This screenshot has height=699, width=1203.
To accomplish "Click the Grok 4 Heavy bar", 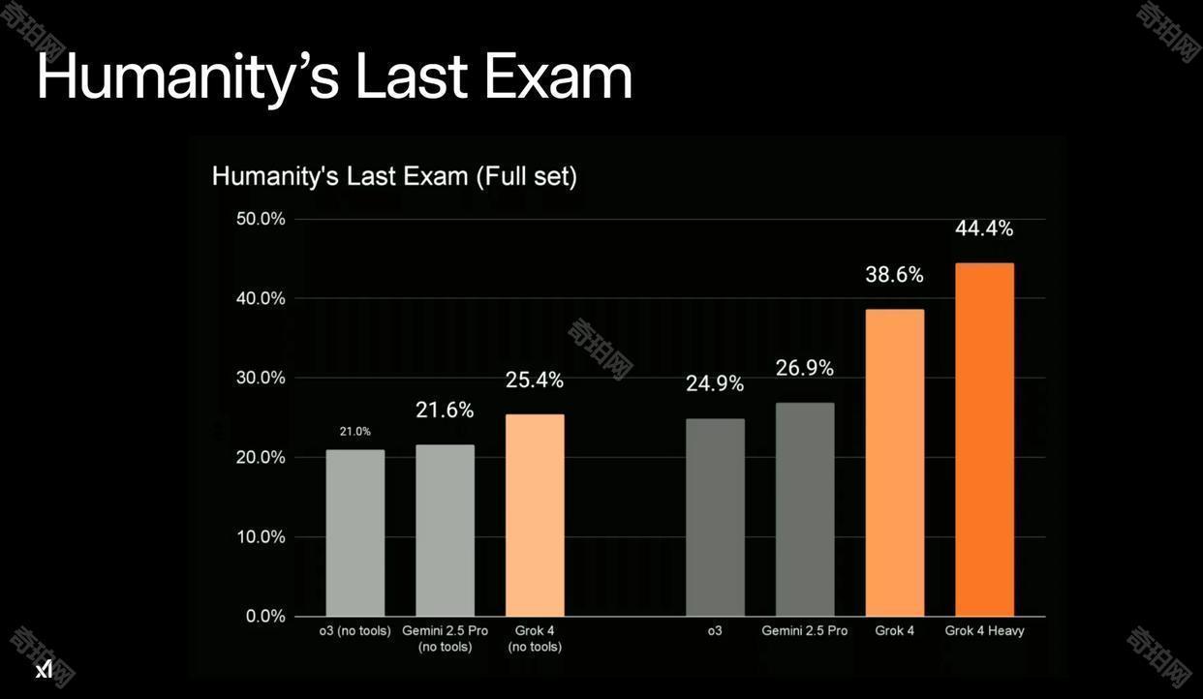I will coord(984,440).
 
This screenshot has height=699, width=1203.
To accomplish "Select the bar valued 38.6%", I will coord(894,463).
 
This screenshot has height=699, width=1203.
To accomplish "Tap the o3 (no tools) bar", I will coord(355,532).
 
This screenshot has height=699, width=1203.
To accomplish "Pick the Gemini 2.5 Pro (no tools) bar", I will coord(445,531).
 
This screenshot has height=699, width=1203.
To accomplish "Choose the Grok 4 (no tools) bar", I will coord(535,515).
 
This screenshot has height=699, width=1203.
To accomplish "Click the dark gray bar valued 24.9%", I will coord(715,517).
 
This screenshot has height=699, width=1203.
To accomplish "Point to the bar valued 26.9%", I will coord(804,509).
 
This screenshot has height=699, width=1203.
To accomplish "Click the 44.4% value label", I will coord(984,228).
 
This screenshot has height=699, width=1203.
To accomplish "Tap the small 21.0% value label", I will coord(355,432).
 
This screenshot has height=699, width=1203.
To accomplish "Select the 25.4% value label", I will coord(535,380).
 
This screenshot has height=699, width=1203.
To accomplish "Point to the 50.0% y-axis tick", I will coord(261,219).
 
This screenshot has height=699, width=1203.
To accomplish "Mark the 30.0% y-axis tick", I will coord(261,378).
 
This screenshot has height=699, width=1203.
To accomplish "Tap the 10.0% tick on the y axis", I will coord(261,536).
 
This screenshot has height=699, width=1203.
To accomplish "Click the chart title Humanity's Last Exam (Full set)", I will coord(394,176).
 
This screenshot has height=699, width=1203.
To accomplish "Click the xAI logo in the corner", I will coord(45,669).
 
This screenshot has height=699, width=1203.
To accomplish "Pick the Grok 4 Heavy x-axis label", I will coord(984,631).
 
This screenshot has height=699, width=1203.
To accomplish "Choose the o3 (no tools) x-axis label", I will coord(355,631).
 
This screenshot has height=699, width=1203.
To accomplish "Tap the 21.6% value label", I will coord(445,410).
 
